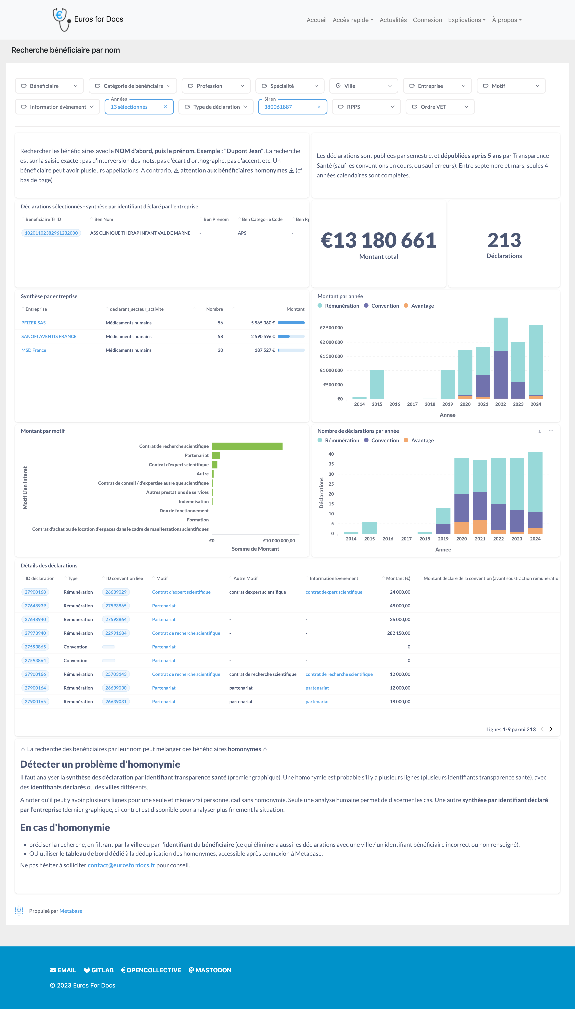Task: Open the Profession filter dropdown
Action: click(x=216, y=86)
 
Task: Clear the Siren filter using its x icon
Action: click(x=319, y=107)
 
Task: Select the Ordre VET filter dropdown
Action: click(x=440, y=107)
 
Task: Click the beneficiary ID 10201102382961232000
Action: click(x=51, y=233)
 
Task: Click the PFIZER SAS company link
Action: click(x=34, y=323)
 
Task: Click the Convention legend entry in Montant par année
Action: click(x=381, y=306)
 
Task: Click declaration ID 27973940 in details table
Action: click(x=35, y=633)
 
